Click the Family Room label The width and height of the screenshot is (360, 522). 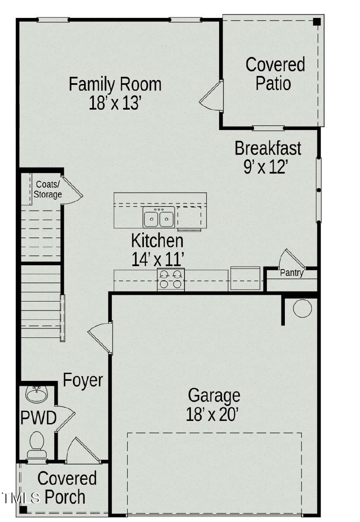115,85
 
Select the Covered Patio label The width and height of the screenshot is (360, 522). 275,74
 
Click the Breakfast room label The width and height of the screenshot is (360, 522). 268,148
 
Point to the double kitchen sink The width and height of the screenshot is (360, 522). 159,218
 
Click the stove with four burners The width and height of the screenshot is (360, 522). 171,279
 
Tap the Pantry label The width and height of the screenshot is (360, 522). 292,273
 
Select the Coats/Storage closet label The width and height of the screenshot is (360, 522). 48,189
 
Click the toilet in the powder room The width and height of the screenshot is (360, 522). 36,443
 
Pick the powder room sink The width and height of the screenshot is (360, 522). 36,394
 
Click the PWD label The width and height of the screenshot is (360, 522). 38,418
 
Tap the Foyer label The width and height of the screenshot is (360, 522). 83,380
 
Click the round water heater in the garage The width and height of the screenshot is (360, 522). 302,308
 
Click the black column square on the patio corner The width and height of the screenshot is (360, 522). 317,21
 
